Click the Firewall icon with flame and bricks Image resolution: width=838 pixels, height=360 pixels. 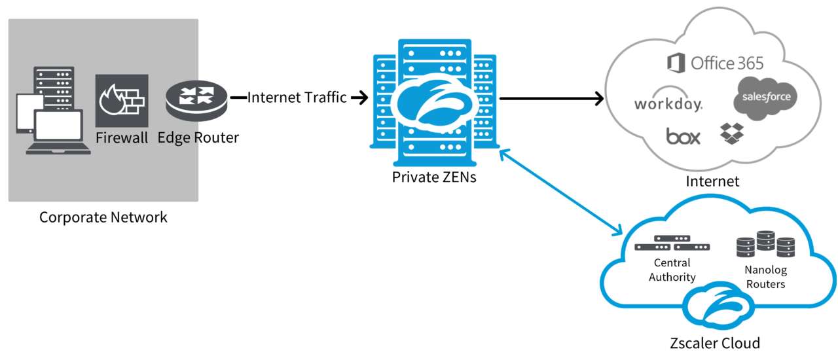coord(122,100)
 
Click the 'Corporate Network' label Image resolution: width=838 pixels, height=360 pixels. coord(103,217)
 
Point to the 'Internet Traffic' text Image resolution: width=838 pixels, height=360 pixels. coord(297,98)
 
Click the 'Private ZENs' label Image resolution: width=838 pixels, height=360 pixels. coord(434,177)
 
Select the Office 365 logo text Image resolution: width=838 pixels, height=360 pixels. coord(715,63)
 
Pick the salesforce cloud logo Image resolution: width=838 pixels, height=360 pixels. coord(765,98)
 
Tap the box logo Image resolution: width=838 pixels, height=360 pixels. coord(683,136)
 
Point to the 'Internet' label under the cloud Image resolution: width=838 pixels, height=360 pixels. coord(712,181)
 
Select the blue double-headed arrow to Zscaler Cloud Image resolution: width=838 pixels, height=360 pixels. coord(560,191)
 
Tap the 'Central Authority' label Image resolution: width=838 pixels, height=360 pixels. coord(672,270)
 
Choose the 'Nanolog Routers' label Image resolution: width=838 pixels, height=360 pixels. coord(765,277)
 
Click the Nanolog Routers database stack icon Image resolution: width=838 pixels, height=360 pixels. coord(765,245)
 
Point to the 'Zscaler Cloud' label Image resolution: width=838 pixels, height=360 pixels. coord(715,343)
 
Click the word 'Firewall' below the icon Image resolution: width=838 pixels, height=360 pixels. coord(122,138)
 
